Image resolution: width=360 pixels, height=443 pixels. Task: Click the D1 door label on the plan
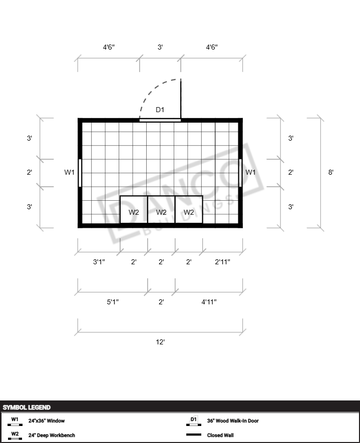[160, 110]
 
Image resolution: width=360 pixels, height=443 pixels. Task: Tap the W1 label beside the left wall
[69, 172]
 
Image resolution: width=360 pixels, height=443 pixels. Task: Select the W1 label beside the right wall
[250, 172]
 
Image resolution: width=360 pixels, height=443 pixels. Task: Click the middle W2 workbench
[161, 210]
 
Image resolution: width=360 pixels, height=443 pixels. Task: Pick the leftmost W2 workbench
[134, 210]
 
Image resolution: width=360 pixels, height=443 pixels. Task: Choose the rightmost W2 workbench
[189, 210]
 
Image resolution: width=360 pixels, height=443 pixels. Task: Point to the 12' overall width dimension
[160, 342]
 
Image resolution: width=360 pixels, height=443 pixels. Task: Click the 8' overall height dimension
[330, 172]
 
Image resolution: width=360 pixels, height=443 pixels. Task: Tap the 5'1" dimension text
[113, 302]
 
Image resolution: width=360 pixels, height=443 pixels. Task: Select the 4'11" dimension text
[209, 302]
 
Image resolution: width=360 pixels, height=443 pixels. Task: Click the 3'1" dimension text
[99, 262]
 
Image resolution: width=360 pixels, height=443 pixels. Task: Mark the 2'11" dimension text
[222, 262]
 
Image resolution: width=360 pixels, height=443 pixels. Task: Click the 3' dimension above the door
[160, 47]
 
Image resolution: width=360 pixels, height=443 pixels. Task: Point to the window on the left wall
[80, 173]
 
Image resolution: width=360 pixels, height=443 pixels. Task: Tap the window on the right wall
[240, 173]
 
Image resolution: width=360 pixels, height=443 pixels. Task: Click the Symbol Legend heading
[27, 407]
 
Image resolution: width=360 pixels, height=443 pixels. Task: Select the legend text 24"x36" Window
[47, 420]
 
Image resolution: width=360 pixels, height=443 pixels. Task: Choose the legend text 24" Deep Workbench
[52, 435]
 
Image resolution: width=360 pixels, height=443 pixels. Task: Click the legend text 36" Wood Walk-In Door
[233, 420]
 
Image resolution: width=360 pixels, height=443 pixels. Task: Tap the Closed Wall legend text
[220, 435]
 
